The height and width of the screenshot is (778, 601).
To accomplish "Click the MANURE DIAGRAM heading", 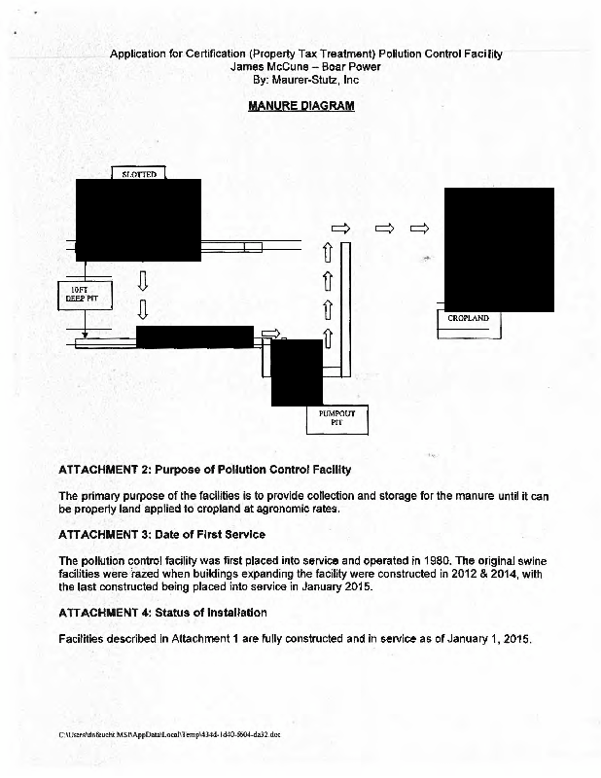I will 300,105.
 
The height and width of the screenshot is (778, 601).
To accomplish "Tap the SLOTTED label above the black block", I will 139,174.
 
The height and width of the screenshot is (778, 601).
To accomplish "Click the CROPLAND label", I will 468,319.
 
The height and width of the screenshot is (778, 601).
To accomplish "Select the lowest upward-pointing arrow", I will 328,336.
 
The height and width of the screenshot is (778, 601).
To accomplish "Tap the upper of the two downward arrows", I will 143,280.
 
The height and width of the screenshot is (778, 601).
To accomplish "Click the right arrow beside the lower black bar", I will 271,334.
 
